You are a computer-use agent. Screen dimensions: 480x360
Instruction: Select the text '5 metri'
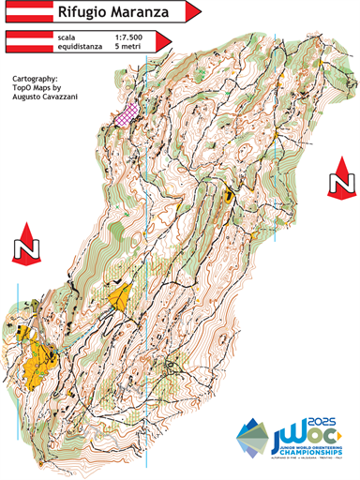point(127,44)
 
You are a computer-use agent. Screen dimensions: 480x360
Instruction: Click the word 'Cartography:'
point(38,79)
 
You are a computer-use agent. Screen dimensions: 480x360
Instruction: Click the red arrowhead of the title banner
point(194,12)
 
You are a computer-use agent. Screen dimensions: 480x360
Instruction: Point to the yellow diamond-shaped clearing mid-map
point(120,297)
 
